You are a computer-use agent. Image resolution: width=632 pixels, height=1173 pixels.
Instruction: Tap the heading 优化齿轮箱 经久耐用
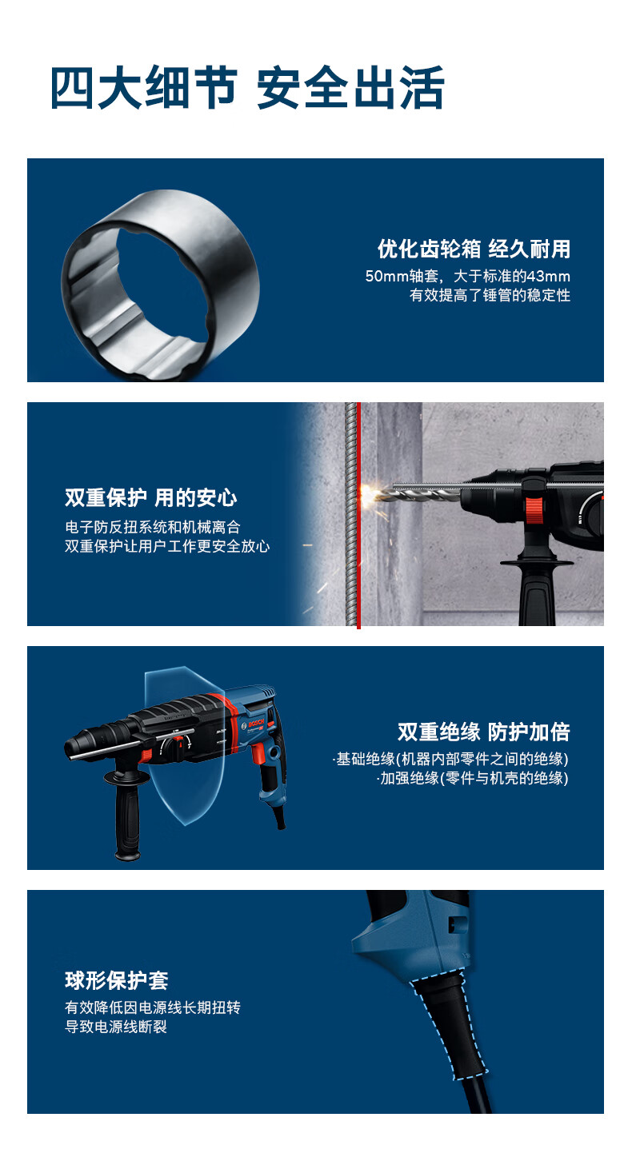point(474,249)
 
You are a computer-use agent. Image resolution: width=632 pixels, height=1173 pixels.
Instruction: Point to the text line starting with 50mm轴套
point(467,277)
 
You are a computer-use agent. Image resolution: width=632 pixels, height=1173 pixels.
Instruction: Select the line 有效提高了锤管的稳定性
point(490,296)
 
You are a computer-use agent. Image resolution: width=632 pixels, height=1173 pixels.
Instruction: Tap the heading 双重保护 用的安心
point(151,498)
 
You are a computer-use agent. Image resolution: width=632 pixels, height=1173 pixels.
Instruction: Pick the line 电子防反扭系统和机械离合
point(152,528)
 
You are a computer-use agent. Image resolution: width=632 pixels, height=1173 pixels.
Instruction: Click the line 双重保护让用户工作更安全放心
point(167,547)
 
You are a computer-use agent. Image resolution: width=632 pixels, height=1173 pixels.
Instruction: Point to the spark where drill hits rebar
point(369,493)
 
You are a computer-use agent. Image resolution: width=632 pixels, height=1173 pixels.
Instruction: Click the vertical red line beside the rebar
point(358,560)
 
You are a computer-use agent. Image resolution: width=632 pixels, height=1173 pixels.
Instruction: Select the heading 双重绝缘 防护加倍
point(483,732)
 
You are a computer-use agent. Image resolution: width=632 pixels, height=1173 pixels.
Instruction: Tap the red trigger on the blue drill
point(258,753)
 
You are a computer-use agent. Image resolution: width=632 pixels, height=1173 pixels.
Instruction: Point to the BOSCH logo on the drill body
point(254,722)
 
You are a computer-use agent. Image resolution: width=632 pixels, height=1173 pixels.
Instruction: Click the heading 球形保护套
point(116,980)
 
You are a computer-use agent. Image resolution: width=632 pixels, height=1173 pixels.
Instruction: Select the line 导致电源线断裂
point(116,1027)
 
